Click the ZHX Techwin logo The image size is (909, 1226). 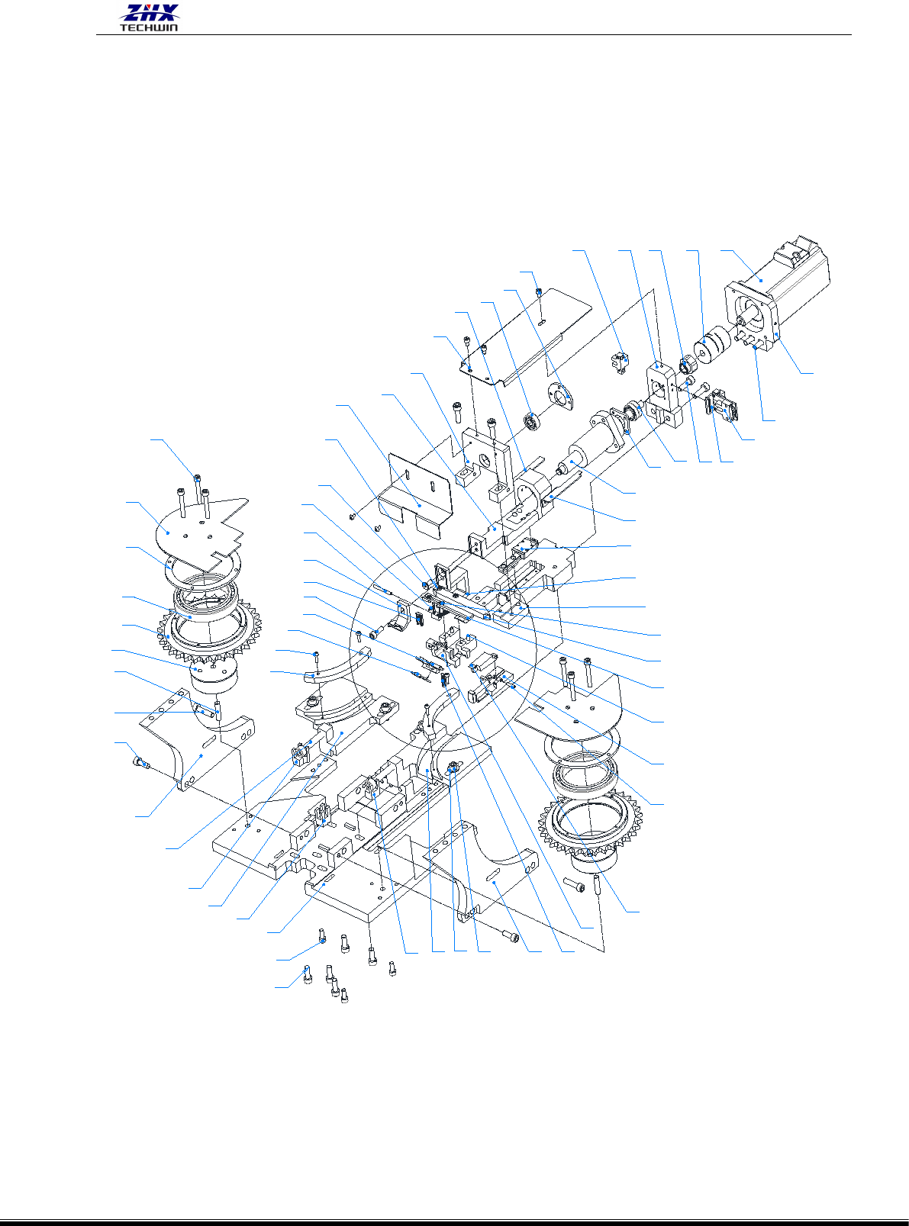(150, 18)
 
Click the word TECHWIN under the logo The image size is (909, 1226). (150, 27)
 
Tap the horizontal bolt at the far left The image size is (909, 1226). (141, 764)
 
